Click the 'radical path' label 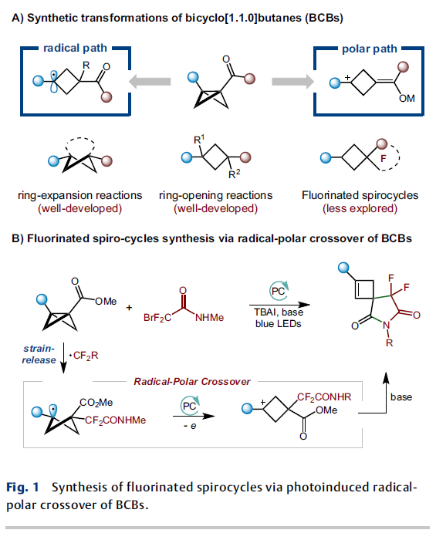[75, 48]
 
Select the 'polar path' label [369, 49]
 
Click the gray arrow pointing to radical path [150, 82]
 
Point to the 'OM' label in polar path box [407, 99]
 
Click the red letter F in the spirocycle [384, 158]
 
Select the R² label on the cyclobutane [234, 174]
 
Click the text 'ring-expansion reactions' [80, 195]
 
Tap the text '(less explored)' [360, 208]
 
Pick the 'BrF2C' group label [157, 317]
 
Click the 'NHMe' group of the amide [209, 317]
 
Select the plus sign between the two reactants [129, 307]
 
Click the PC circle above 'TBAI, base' [279, 291]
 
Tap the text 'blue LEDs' [279, 324]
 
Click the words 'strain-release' [39, 354]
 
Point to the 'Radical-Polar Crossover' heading [192, 382]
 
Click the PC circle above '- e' [190, 405]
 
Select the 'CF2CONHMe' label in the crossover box [116, 420]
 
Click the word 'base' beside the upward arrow [401, 397]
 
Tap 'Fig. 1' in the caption [22, 488]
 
